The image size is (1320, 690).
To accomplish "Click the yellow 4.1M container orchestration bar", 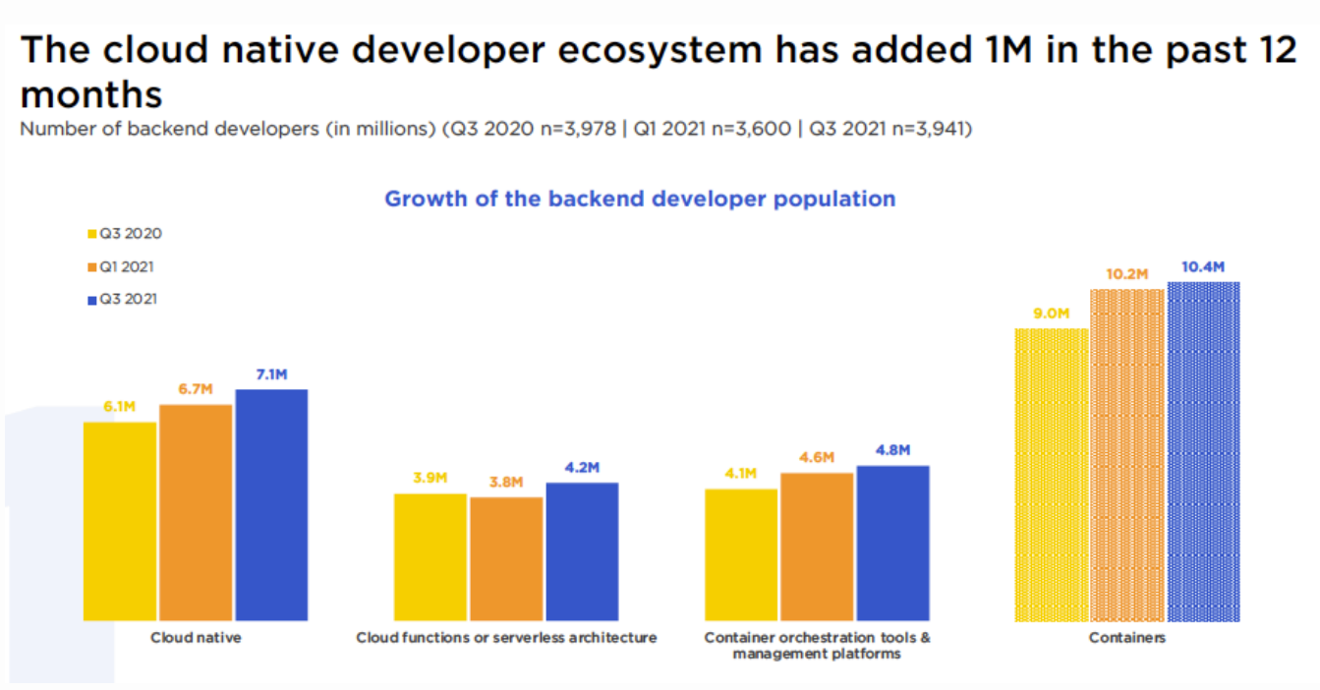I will point(741,554).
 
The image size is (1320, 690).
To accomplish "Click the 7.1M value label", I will point(271,374).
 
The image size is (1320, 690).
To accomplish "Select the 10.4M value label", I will point(1203,267).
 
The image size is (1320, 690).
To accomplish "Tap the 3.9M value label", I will point(430,478).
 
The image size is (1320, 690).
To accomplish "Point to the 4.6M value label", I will point(817,457).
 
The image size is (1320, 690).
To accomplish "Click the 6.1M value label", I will point(119,406).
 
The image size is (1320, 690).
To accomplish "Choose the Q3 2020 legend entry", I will point(125,234).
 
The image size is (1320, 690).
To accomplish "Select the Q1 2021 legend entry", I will point(121,266).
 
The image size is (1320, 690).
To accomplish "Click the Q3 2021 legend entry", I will point(122,299).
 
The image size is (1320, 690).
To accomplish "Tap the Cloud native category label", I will point(196,638).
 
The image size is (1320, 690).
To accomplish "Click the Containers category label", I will point(1126,638).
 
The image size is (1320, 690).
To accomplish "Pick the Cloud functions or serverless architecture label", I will point(506,638).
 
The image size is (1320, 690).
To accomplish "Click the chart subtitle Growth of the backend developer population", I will point(640,199).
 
